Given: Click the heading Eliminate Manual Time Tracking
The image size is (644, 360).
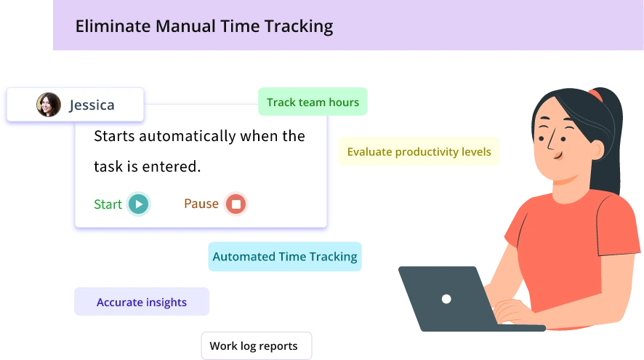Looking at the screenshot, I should tap(204, 27).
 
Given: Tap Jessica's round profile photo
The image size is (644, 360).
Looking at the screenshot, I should tap(49, 105).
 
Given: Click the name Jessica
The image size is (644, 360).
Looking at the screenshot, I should tap(92, 105).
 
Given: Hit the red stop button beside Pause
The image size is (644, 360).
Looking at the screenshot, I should tap(236, 204).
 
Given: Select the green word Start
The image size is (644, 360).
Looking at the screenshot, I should tap(108, 204).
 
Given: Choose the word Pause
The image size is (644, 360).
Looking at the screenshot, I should tap(201, 204).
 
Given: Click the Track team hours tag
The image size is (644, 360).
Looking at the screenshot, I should tap(313, 103).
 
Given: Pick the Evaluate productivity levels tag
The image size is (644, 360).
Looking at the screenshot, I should tap(419, 152).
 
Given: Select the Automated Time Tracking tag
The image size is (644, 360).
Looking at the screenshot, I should tap(284, 257).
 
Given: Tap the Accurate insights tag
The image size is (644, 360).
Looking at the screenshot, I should tap(141, 303).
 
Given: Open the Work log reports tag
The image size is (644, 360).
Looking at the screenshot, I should tap(253, 346).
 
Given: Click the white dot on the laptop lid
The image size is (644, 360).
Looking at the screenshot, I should tap(446, 299).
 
